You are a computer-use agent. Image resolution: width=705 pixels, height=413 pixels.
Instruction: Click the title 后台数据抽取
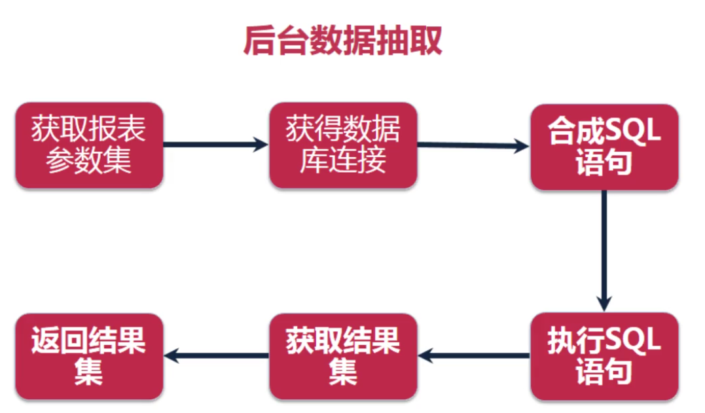pyautogui.click(x=342, y=41)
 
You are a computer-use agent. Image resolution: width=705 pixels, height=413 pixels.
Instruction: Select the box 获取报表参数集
pyautogui.click(x=89, y=145)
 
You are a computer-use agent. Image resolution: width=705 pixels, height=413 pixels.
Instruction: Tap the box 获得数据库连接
pyautogui.click(x=343, y=145)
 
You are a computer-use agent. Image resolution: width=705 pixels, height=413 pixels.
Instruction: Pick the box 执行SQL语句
pyautogui.click(x=604, y=356)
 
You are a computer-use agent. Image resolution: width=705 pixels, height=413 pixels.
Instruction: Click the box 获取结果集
pyautogui.click(x=343, y=356)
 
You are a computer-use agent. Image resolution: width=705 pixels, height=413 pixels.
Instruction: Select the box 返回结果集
pyautogui.click(x=89, y=356)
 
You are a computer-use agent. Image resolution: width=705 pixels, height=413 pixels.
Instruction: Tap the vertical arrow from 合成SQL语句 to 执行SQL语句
pyautogui.click(x=604, y=249)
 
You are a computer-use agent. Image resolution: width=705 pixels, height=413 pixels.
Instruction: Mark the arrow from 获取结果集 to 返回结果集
pyautogui.click(x=216, y=356)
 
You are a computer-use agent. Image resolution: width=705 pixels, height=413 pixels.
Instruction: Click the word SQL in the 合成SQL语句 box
pyautogui.click(x=633, y=132)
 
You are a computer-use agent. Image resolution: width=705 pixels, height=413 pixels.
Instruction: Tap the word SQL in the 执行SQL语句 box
pyautogui.click(x=633, y=341)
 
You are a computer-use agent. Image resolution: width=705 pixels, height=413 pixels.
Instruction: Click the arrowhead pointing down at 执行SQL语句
pyautogui.click(x=604, y=302)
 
